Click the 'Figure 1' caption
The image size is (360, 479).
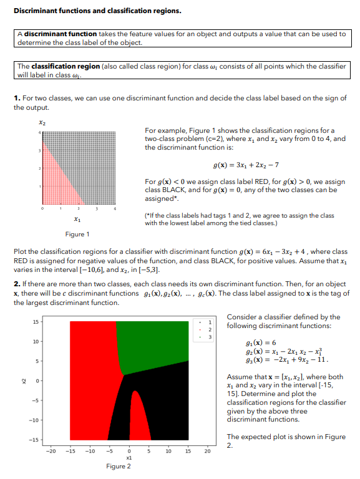[x=77, y=235]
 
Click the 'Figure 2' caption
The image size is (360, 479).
[x=119, y=466]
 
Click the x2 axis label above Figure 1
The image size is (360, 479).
[x=42, y=122]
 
